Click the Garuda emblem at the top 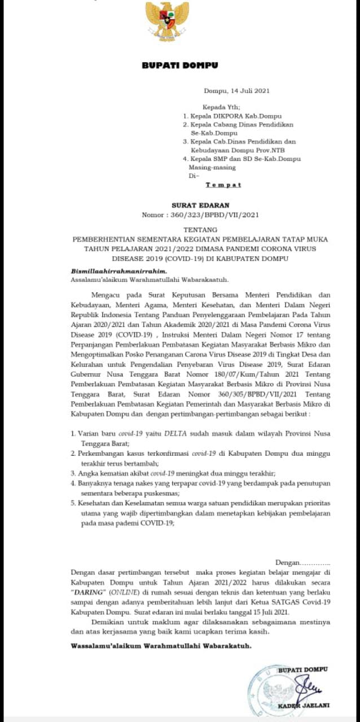167,21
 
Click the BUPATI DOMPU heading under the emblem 179,66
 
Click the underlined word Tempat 223,184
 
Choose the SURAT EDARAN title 192,206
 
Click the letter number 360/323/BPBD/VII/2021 204,215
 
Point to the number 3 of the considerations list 72,473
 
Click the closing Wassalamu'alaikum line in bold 161,645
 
